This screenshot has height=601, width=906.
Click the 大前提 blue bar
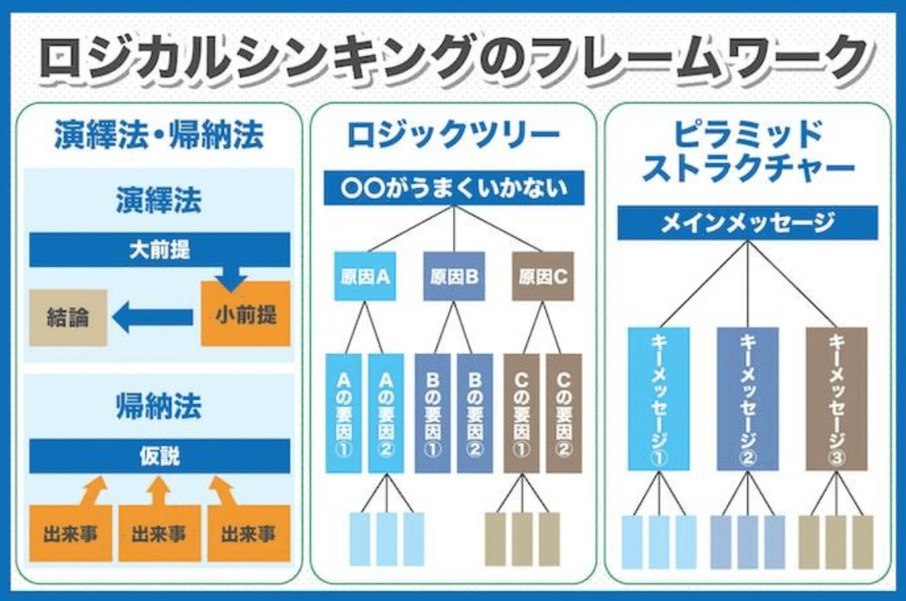(x=159, y=250)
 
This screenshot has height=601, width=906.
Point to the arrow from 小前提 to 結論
(x=152, y=317)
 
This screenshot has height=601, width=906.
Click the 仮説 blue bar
(x=159, y=456)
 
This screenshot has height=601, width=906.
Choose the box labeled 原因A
(x=365, y=276)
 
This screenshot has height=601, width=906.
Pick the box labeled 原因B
(x=454, y=276)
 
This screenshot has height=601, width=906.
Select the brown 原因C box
(x=542, y=276)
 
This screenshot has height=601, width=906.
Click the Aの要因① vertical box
(x=344, y=413)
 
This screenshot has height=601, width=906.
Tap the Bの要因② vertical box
(x=475, y=413)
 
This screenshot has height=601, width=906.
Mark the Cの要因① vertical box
(x=522, y=413)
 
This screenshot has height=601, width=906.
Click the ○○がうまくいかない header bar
(x=454, y=188)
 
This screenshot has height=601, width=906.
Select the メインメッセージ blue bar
(x=747, y=223)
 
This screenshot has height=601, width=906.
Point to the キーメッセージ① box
(x=659, y=398)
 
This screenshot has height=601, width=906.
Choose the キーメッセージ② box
(x=747, y=398)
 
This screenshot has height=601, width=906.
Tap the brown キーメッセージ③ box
(x=836, y=398)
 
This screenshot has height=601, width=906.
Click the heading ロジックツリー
(x=454, y=135)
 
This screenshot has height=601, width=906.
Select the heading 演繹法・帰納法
(x=159, y=135)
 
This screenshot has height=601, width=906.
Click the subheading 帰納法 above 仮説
(x=159, y=406)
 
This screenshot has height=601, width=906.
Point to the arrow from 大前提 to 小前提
(x=231, y=277)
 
